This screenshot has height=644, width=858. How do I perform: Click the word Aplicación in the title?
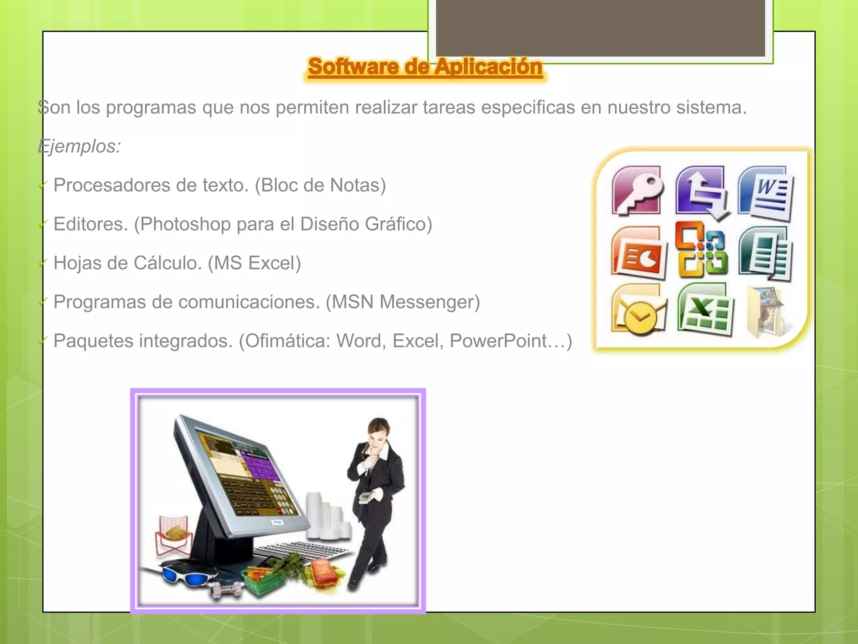click(x=488, y=67)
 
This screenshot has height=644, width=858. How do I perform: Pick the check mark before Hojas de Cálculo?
click(x=43, y=263)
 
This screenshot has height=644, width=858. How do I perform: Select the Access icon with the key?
click(x=637, y=190)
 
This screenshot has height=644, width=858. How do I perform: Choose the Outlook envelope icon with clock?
click(x=638, y=311)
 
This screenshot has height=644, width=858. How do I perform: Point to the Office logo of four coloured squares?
click(x=702, y=250)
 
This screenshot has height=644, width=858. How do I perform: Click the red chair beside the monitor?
click(x=173, y=537)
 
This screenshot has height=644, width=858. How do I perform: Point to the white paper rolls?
click(x=327, y=518)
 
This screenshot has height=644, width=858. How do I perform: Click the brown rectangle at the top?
click(x=600, y=28)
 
